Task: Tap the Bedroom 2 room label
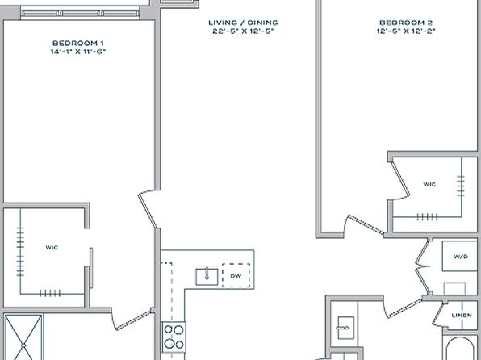tap(406, 23)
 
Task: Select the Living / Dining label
tap(243, 23)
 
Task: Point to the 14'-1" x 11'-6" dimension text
tap(78, 52)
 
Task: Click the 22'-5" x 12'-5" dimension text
tap(243, 31)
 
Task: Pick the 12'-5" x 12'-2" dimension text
tap(406, 31)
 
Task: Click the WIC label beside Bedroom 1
tap(52, 247)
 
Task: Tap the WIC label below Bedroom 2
tap(429, 184)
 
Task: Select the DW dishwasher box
tap(236, 275)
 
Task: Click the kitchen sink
tap(207, 277)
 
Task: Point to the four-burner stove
tap(174, 337)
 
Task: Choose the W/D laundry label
tap(461, 256)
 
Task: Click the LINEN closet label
tap(462, 315)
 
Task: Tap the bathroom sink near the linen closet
tap(345, 328)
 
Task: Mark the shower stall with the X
tap(23, 337)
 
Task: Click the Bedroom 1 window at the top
tap(80, 14)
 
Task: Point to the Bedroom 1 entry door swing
tap(146, 210)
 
